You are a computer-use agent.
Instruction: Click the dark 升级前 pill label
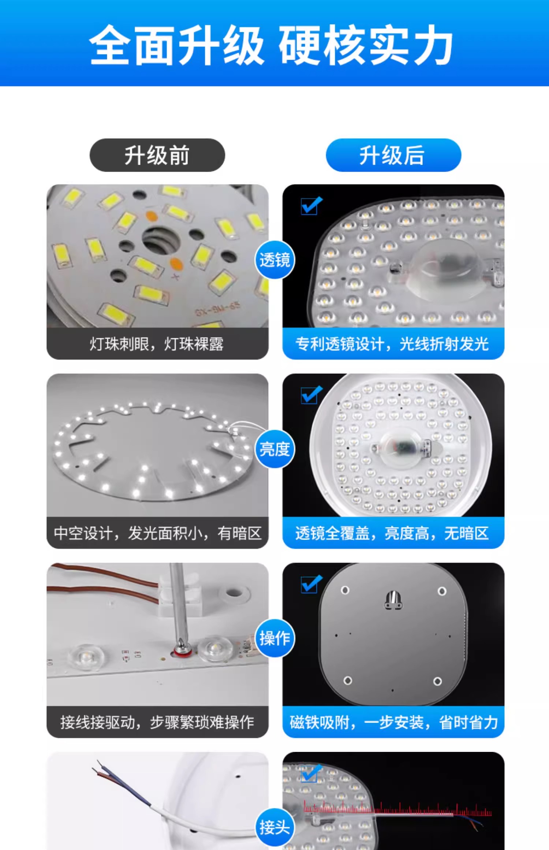[x=157, y=155]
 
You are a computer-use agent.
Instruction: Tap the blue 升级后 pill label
[x=393, y=155]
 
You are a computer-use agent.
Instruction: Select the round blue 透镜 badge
[x=274, y=260]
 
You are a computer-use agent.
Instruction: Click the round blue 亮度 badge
[x=274, y=449]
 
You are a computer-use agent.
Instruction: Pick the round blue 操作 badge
[x=274, y=638]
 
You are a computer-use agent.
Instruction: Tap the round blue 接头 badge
[x=274, y=827]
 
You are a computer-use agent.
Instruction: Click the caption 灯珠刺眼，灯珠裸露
[x=157, y=344]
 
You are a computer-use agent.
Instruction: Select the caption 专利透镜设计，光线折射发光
[x=392, y=344]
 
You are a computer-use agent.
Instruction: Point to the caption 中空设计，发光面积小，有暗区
[x=158, y=533]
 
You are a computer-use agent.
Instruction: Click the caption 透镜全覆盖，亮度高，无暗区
[x=392, y=533]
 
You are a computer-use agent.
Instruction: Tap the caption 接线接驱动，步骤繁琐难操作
[x=157, y=722]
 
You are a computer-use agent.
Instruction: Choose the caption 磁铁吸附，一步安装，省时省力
[x=394, y=722]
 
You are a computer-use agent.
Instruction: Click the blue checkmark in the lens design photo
[x=311, y=205]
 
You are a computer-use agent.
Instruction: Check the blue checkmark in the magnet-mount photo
[x=311, y=584]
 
